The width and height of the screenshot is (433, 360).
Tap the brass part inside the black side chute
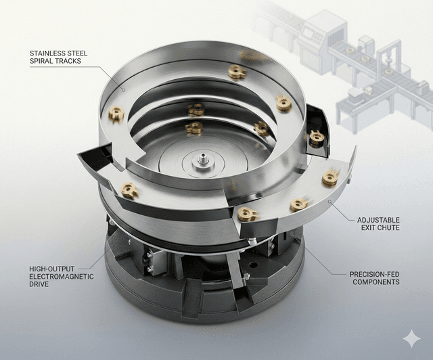tap(317, 137)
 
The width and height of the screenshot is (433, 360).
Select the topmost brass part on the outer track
tap(237, 72)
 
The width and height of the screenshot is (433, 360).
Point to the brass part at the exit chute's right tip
tap(329, 177)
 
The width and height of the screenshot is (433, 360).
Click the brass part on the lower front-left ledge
tap(129, 191)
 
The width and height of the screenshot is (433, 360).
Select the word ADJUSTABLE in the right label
tap(378, 220)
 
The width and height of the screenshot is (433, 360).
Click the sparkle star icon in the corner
tap(409, 338)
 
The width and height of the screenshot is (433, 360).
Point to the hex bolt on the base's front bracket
tap(246, 277)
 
